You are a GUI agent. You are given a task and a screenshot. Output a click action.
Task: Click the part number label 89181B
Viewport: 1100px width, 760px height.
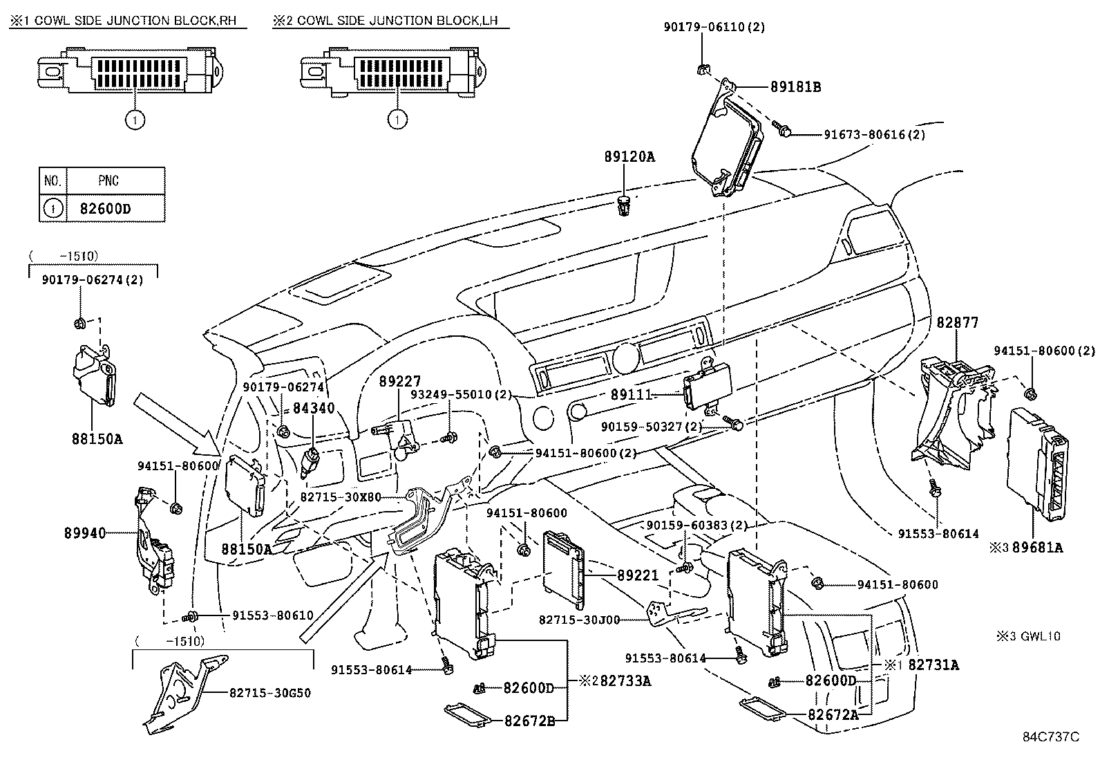click(x=795, y=88)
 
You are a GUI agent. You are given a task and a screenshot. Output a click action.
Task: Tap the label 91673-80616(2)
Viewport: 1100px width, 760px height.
click(x=874, y=135)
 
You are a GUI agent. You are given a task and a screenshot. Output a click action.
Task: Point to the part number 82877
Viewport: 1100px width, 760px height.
click(x=958, y=322)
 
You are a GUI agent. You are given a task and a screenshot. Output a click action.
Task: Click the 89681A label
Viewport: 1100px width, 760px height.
click(x=1037, y=548)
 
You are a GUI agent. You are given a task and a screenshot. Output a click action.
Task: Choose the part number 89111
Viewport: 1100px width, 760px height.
click(x=631, y=394)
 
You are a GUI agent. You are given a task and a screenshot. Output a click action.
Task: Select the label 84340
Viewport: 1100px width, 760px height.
click(x=314, y=408)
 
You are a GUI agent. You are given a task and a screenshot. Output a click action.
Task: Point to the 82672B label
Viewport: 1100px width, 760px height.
click(x=529, y=721)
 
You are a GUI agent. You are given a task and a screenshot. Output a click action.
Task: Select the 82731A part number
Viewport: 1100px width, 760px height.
click(x=933, y=665)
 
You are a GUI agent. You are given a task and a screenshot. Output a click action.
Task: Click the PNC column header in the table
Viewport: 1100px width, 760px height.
click(x=108, y=181)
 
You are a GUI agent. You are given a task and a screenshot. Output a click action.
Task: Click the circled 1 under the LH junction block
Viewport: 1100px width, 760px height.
click(x=397, y=120)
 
